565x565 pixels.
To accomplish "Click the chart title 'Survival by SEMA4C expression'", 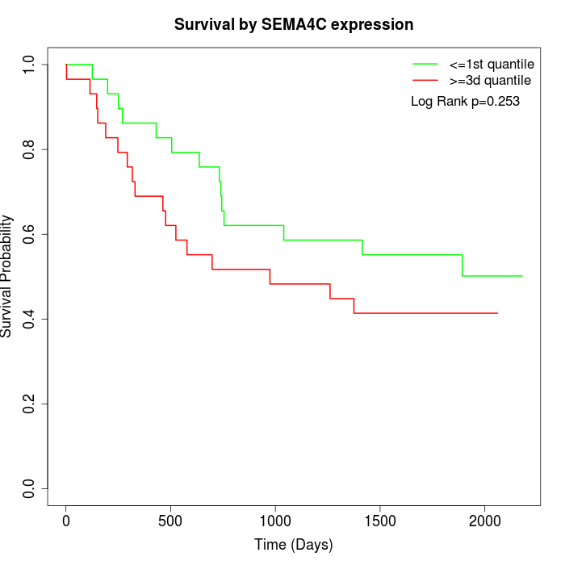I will coord(294,24).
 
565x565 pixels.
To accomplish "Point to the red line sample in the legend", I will coord(425,80).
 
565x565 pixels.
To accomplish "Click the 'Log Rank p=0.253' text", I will coord(465,102).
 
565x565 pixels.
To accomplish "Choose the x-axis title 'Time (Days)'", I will coord(294,545).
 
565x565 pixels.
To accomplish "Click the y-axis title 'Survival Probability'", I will coord(7,276).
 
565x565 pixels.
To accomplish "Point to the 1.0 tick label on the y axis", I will coord(30,65).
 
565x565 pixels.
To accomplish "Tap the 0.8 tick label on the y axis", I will coord(30,149).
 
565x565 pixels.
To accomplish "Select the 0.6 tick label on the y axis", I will coord(30,234).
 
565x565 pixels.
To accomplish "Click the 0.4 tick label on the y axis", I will coord(30,319).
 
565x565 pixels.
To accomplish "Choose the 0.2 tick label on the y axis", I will coord(30,404).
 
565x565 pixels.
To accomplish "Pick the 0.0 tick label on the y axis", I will coord(30,488).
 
